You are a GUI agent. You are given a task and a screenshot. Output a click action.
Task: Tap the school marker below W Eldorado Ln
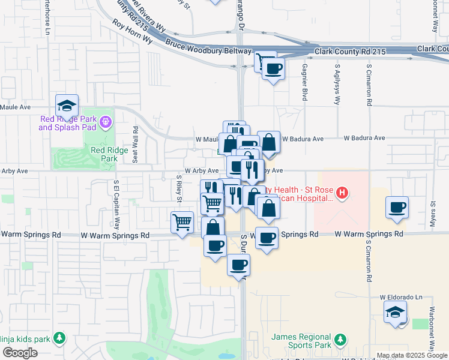click(x=396, y=312)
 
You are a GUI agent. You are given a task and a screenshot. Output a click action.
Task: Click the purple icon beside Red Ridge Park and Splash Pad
click(x=106, y=122)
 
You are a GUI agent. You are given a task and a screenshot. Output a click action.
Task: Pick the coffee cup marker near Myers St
click(x=397, y=208)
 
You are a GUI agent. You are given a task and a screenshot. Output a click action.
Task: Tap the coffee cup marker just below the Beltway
click(x=274, y=69)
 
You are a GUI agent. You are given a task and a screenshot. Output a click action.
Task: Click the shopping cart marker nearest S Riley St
click(x=182, y=223)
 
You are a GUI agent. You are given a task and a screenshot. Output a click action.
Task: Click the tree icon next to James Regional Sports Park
click(x=340, y=340)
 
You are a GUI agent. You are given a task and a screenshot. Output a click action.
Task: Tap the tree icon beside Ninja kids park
click(x=59, y=339)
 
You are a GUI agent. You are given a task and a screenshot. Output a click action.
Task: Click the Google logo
click(x=20, y=353)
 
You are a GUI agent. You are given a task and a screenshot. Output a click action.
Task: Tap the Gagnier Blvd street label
click(x=305, y=82)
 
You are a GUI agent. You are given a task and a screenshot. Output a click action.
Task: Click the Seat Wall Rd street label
click(x=136, y=144)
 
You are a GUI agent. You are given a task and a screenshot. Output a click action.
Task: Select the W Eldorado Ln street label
click(x=401, y=297)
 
